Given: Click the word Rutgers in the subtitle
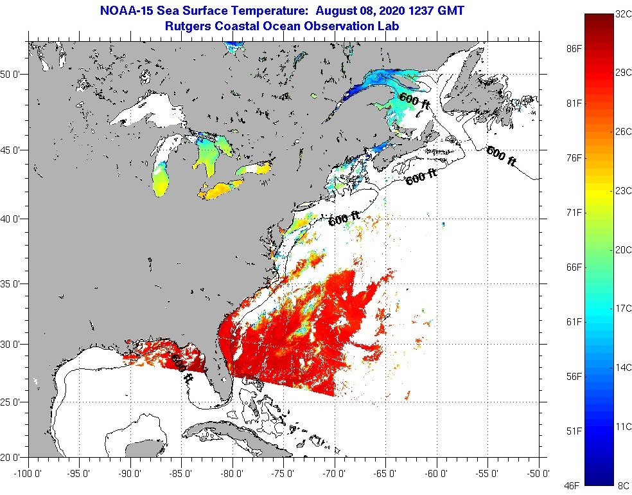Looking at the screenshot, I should pos(189,26).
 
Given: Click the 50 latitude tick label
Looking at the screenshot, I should pos(15,74).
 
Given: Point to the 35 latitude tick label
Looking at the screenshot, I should pos(15,283).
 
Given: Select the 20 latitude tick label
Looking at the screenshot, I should pos(15,457).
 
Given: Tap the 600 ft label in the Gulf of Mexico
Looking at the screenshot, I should pos(181,370).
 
